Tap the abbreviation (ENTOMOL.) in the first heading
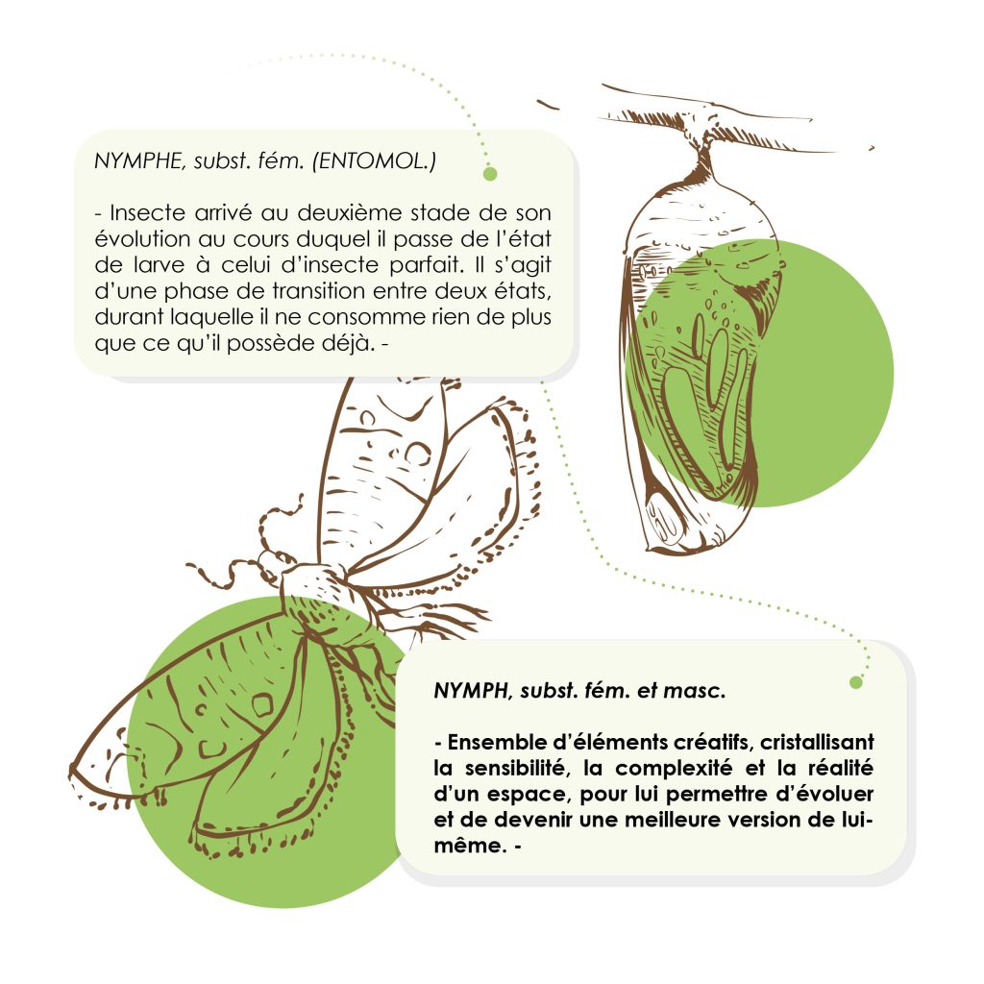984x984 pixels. pos(374,161)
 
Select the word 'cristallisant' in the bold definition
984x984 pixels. pos(817,743)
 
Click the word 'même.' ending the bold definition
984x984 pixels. pos(470,846)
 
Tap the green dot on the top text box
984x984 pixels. pos(490,174)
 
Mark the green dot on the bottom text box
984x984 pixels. pos(856,682)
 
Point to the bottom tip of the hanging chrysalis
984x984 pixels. pos(681,553)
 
